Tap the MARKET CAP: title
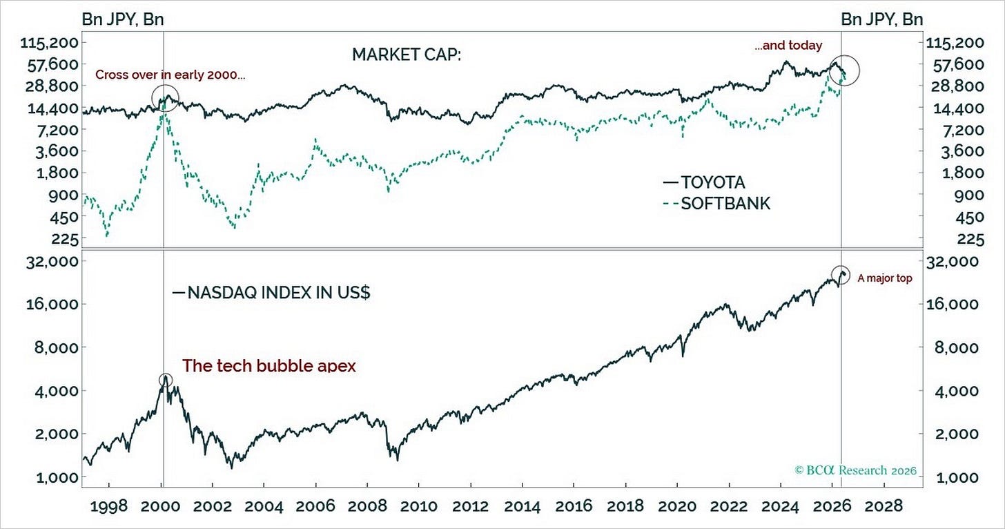point(407,55)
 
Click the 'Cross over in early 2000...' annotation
point(170,75)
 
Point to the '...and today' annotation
point(788,46)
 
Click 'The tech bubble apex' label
point(269,365)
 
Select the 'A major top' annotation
point(885,278)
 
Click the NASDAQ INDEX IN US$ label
point(271,293)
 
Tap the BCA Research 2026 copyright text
point(856,470)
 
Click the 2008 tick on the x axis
point(367,506)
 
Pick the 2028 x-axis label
point(884,506)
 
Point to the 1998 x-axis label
point(108,506)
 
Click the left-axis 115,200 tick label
point(50,43)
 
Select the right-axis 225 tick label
point(970,240)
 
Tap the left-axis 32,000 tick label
point(52,261)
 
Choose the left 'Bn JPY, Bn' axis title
point(122,19)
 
